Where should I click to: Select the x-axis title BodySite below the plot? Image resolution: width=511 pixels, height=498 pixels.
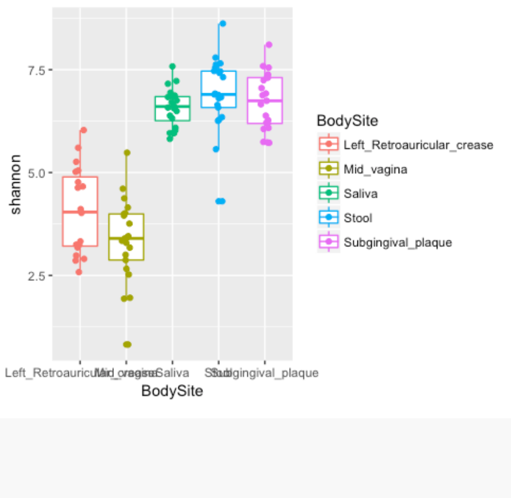pos(172,391)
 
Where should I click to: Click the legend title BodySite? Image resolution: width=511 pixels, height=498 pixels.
pos(347,120)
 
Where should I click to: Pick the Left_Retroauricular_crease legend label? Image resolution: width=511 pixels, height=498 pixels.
pos(418,145)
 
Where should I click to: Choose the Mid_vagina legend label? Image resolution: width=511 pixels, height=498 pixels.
pos(375,169)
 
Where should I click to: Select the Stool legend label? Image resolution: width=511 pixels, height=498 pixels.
pos(358,218)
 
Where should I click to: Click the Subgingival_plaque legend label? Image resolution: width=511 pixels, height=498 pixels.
pos(398,242)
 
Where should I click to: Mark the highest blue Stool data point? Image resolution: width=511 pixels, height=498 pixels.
pos(222,23)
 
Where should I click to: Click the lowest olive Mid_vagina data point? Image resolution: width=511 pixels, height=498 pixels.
pos(127,344)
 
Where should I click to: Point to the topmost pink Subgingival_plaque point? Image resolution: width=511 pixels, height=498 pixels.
pos(269,44)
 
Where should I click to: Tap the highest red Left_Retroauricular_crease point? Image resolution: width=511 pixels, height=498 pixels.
pos(84,130)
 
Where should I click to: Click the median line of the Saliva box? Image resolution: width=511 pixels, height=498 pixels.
pos(172,106)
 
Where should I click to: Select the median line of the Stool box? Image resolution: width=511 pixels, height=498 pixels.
pos(218,94)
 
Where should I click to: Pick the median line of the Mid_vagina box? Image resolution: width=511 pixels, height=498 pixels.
pos(126,238)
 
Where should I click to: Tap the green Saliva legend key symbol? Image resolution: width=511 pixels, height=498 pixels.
pos(329,194)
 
